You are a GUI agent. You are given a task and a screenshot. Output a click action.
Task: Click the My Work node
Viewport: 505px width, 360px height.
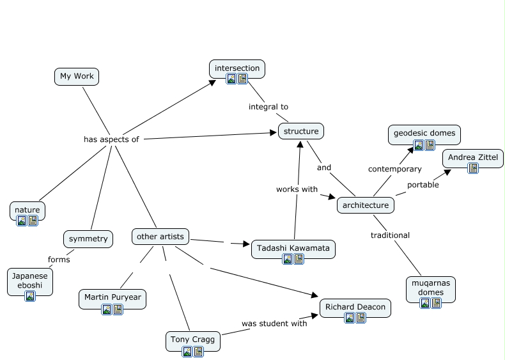tap(77, 76)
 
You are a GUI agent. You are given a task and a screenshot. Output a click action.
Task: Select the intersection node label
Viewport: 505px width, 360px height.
tap(237, 68)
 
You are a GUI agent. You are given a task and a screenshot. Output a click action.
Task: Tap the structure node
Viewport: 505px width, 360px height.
tap(300, 132)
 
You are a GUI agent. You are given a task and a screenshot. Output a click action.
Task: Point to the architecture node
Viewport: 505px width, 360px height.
tap(365, 205)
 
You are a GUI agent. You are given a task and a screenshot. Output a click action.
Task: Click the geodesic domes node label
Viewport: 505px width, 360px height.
tap(424, 133)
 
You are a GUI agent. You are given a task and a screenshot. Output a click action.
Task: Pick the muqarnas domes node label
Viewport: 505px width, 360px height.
tap(431, 287)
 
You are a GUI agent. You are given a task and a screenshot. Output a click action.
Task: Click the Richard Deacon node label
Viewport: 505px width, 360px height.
tap(355, 307)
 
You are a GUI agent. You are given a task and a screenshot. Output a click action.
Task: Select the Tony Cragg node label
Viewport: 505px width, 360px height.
tap(192, 339)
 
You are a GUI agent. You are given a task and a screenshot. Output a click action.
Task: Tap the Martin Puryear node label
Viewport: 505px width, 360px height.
tap(113, 298)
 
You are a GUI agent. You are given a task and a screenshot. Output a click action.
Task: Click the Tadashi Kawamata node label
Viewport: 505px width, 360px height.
tap(293, 247)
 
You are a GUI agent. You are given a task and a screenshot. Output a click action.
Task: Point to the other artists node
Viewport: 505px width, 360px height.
tap(160, 237)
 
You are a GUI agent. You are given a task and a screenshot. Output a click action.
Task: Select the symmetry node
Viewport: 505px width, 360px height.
tap(88, 239)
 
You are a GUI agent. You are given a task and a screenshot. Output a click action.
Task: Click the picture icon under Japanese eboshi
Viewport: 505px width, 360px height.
tap(30, 296)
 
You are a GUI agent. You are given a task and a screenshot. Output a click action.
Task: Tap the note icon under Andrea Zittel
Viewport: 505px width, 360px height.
tap(473, 168)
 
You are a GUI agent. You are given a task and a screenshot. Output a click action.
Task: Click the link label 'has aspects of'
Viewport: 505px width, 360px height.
tap(111, 139)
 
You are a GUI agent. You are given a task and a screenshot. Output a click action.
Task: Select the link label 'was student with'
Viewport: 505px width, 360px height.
tap(274, 323)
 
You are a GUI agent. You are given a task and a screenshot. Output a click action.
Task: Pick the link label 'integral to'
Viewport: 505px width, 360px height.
tap(268, 107)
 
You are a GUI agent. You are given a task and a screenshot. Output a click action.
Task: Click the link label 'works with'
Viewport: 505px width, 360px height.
tap(297, 189)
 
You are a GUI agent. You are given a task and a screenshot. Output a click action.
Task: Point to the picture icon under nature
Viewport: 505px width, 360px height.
tap(22, 221)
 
